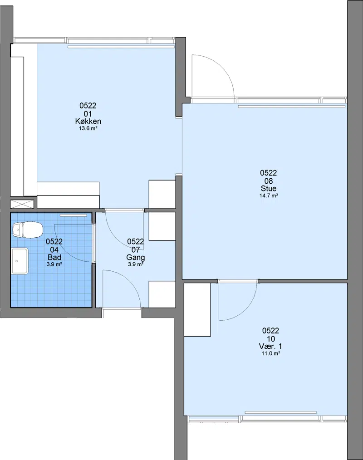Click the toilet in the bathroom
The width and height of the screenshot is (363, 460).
tap(28, 230)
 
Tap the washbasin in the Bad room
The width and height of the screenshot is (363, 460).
tap(20, 261)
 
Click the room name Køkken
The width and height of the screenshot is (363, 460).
tap(88, 121)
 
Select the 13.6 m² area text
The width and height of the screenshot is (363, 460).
tap(88, 128)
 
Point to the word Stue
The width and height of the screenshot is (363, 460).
tap(269, 188)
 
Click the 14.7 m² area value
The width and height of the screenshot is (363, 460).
tap(269, 196)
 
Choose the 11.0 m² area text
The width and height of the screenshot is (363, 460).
tap(270, 353)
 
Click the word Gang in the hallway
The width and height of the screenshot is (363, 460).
tap(136, 258)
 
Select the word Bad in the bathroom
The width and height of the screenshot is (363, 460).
tap(54, 257)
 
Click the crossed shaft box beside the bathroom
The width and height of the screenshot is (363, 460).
tap(22, 204)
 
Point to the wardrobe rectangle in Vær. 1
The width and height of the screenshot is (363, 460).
tap(197, 309)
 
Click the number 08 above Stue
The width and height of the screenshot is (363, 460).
tap(269, 181)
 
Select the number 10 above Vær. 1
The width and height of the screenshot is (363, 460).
tap(270, 338)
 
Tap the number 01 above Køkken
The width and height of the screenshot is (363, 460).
tap(88, 113)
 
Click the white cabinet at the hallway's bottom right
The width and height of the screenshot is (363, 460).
tap(162, 294)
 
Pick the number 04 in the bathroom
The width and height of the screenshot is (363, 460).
tap(54, 250)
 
